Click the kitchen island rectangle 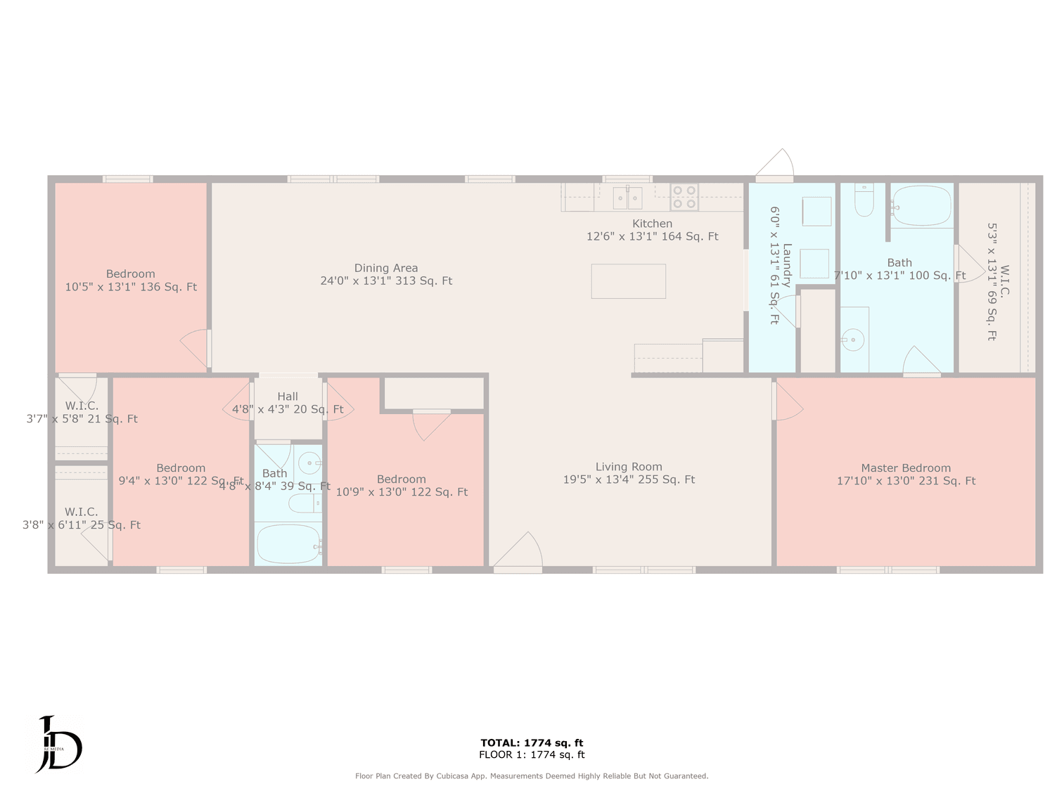tap(628, 281)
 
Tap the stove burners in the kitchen tap(684, 197)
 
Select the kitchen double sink tap(627, 198)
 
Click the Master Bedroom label tap(906, 468)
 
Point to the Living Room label tap(629, 467)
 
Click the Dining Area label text tap(386, 268)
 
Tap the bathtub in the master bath tap(921, 205)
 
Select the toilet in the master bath tap(864, 201)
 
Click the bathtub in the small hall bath tap(288, 543)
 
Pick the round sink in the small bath tap(309, 463)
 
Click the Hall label tap(288, 397)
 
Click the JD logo tap(59, 745)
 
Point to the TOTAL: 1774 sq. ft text tap(532, 742)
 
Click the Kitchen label tap(652, 224)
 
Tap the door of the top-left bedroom tap(196, 347)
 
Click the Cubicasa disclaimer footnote tap(532, 776)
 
